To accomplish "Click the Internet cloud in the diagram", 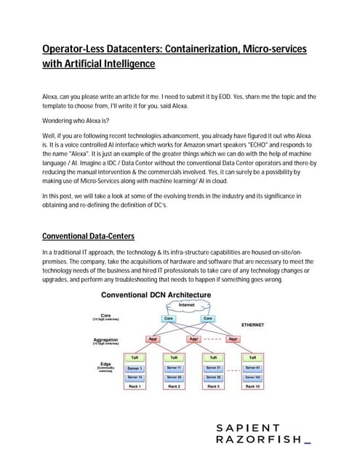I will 188,304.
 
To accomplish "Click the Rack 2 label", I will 174,387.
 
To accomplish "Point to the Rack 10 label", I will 252,387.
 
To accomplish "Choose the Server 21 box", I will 213,368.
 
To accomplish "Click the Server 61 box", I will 252,368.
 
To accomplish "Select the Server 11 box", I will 174,368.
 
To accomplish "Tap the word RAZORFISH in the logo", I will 255,440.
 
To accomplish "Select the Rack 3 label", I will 213,387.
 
